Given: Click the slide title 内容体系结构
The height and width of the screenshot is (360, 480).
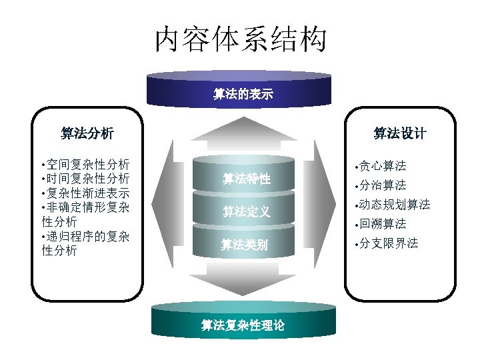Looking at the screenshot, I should [241, 39].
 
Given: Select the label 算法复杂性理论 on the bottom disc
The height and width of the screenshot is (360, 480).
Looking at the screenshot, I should [243, 325].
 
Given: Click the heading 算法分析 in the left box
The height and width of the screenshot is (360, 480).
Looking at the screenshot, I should [87, 133].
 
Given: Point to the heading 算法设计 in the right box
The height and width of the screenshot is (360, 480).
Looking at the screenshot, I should [399, 133].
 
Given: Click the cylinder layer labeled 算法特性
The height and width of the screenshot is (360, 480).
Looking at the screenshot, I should [246, 179].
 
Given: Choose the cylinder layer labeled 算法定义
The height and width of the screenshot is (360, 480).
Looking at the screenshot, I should [246, 212].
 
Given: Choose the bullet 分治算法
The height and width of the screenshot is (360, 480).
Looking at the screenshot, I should [383, 185].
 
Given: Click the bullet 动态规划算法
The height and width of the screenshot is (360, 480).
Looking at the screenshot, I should [394, 204].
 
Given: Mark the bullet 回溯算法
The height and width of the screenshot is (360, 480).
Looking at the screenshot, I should [383, 224].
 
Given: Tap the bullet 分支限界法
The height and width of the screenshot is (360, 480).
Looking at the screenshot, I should [389, 243].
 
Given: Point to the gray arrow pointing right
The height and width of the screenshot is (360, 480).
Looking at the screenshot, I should [324, 207].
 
